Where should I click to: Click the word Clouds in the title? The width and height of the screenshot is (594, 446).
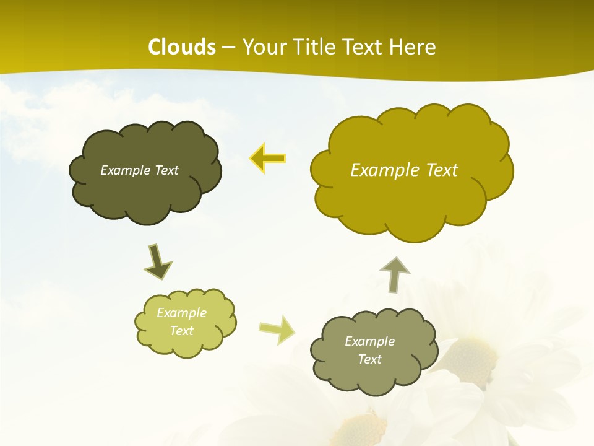click(182, 47)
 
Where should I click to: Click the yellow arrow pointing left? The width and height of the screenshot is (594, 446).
click(268, 159)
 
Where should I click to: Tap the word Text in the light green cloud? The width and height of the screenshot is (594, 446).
click(181, 331)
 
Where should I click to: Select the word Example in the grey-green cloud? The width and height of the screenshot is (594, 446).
click(369, 341)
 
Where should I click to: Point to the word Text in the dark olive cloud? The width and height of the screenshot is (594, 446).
click(166, 170)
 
